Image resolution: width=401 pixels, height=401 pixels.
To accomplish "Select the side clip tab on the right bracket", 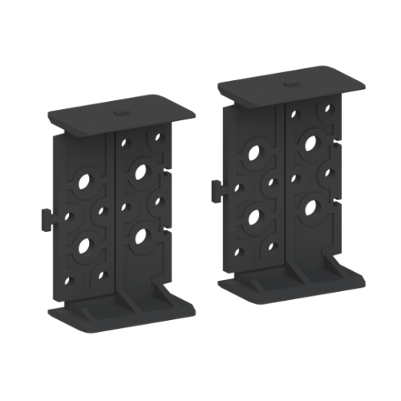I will (216, 191).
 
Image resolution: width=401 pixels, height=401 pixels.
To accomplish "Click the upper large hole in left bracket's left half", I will (83, 182).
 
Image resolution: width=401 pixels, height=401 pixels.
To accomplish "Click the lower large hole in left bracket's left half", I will (83, 244).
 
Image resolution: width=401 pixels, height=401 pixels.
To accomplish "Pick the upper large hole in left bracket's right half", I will (141, 171).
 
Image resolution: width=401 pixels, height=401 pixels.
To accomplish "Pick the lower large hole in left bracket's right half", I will (142, 234).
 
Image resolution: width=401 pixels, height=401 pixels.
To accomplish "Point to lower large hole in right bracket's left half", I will (254, 217).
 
